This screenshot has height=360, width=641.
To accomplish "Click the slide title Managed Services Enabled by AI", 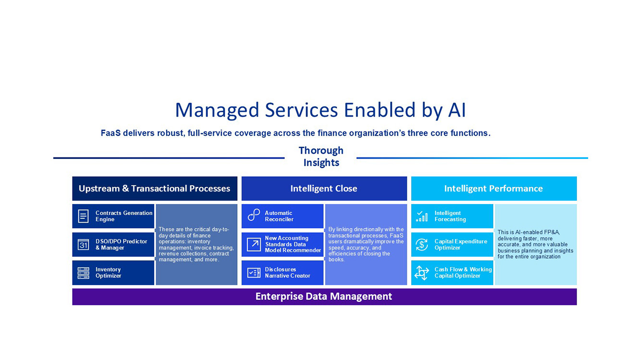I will [320, 110].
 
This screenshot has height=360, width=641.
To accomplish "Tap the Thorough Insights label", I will [321, 156].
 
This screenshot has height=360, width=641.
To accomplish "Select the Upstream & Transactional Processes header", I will [155, 189].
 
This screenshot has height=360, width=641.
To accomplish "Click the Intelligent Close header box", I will [324, 189].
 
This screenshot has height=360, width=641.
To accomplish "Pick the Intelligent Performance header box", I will [493, 189].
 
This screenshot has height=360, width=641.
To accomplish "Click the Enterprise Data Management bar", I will [324, 297].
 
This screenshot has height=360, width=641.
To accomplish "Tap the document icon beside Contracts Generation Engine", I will [84, 216].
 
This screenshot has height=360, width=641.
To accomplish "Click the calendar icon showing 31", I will [84, 245].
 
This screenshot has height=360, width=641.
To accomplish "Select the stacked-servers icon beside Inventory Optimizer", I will [84, 273].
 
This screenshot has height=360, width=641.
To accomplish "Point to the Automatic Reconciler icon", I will [254, 216].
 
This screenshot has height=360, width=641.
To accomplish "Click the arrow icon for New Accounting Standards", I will [254, 244].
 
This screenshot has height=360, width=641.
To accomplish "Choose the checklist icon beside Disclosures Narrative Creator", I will [254, 273].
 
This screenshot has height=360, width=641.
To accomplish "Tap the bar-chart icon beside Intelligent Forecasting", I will [422, 216].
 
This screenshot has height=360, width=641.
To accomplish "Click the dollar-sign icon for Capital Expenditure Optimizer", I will [422, 245].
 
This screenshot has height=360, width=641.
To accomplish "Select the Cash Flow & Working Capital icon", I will [422, 273].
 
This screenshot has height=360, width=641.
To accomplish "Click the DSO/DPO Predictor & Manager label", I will [121, 245].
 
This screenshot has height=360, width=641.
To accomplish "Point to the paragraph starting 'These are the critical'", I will [196, 245].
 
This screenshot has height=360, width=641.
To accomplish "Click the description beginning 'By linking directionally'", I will [366, 244].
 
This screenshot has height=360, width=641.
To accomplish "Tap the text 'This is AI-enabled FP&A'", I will [535, 244].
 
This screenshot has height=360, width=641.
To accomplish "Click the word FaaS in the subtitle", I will [110, 133].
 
